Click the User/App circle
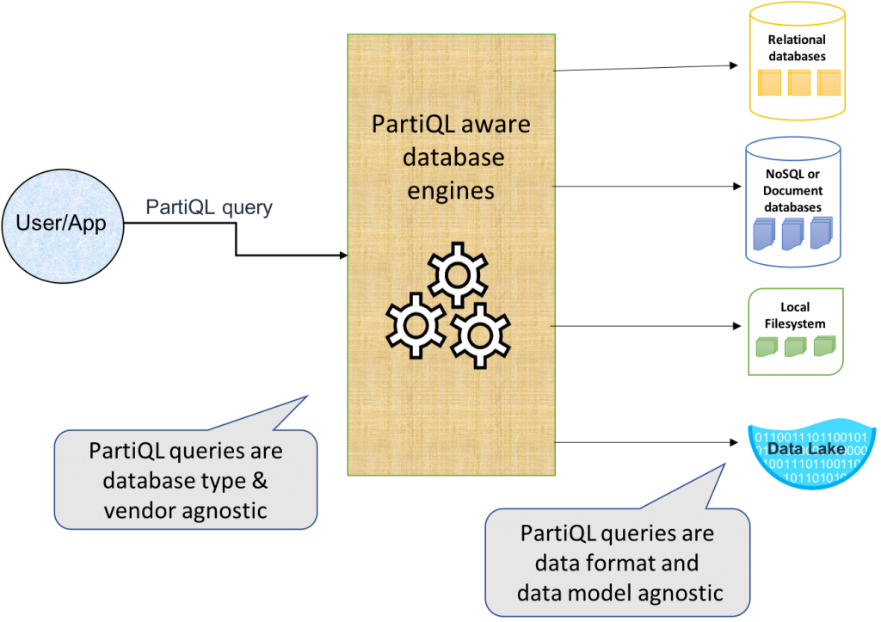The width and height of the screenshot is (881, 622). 61,223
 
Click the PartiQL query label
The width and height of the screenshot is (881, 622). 209,207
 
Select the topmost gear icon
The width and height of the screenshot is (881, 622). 458,274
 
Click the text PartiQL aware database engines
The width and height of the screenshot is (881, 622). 451,157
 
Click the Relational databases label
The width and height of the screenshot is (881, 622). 797,48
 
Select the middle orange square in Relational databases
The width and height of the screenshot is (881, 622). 799,83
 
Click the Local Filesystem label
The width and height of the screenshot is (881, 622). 796,316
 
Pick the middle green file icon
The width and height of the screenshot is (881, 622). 795,346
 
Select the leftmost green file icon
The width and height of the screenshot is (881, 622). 767,347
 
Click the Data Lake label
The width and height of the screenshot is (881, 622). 798,449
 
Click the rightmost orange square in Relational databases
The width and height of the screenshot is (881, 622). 828,83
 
